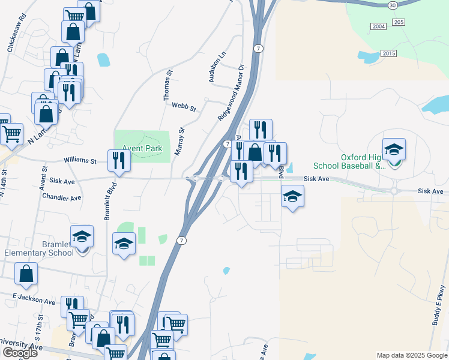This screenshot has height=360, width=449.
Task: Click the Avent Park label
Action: [x=142, y=148]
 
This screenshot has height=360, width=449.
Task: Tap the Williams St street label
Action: [x=80, y=161]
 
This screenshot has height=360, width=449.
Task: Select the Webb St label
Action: [x=184, y=107]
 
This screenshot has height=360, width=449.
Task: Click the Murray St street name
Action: [x=179, y=142]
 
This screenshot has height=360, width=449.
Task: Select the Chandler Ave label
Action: [x=62, y=197]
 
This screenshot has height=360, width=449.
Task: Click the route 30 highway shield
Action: [x=393, y=5]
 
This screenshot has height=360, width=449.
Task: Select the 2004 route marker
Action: [x=379, y=26]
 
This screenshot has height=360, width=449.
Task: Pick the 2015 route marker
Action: [x=388, y=53]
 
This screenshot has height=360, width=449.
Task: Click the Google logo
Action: [x=20, y=353]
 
